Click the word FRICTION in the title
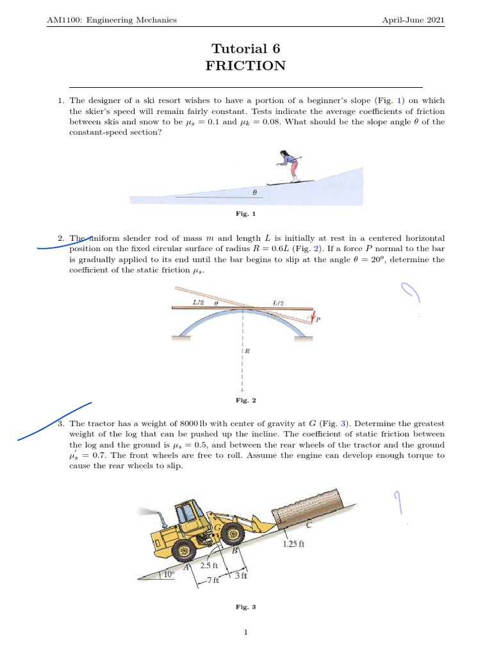[x=245, y=66]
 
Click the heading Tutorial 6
[x=245, y=49]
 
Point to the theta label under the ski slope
[x=254, y=192]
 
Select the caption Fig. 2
[x=245, y=400]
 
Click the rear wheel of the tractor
[x=184, y=550]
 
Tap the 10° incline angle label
[x=168, y=575]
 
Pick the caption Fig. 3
[x=245, y=607]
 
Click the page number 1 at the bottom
[x=245, y=633]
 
